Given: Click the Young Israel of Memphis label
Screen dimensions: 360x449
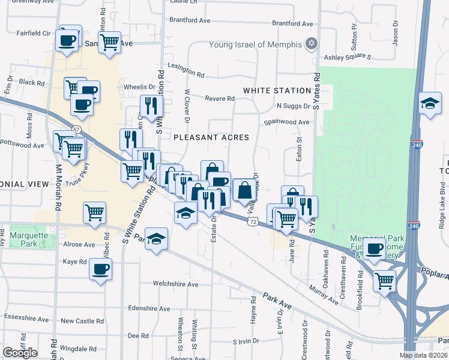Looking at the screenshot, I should [x=255, y=44].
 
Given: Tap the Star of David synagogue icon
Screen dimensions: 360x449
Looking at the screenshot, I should [x=311, y=44].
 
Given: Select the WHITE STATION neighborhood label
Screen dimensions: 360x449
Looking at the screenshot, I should [x=277, y=91].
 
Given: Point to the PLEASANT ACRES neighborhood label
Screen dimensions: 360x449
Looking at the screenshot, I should [x=211, y=137].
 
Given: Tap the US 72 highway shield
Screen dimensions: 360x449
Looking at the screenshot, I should [x=253, y=222].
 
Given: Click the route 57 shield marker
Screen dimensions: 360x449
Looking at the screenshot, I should [x=76, y=129].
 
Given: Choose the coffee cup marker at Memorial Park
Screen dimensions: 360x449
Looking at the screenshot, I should [x=374, y=248].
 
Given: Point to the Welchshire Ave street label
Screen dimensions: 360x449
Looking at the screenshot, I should [x=175, y=284].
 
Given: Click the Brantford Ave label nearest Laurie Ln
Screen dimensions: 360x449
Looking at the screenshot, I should [x=190, y=20].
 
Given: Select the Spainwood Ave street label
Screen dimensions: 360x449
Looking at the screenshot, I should [x=288, y=122].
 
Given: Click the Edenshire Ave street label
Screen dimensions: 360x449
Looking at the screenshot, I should [x=149, y=308].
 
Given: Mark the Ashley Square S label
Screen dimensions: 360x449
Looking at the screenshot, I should [x=348, y=57].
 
